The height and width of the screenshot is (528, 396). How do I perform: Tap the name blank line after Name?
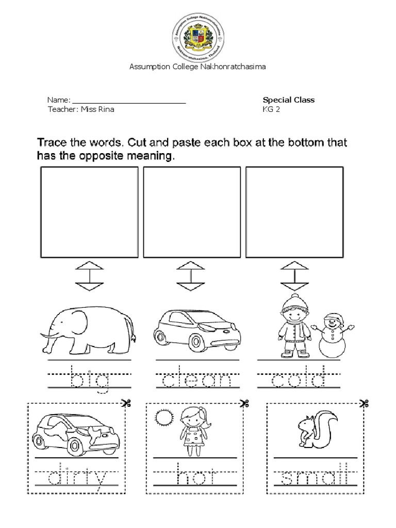(x=128, y=103)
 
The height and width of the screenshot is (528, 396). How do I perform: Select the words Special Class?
(x=289, y=100)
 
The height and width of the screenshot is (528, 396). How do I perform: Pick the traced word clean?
(x=197, y=381)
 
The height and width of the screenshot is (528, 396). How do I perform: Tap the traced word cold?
(x=299, y=381)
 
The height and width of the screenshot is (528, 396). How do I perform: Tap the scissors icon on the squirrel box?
(x=364, y=403)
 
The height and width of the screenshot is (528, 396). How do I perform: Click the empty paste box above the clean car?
(x=192, y=212)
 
